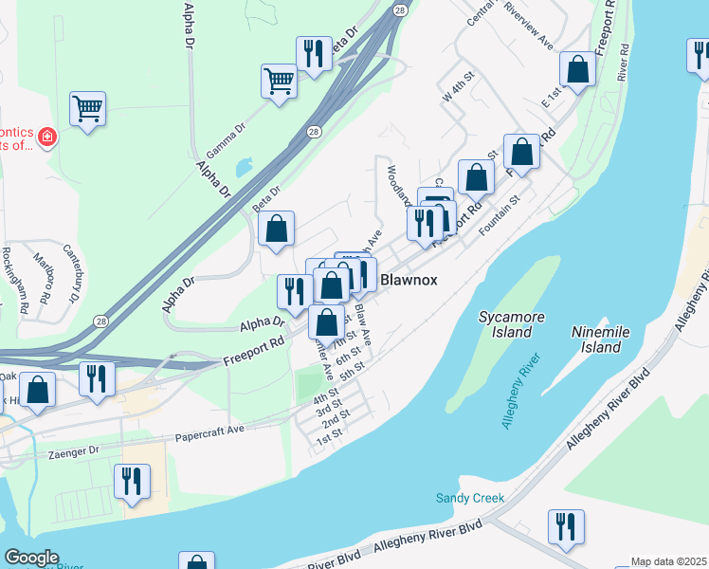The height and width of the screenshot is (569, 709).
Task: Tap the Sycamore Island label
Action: point(505,325)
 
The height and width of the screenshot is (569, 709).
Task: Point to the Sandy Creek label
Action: point(469,498)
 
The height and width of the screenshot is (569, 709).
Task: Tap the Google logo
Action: point(31,558)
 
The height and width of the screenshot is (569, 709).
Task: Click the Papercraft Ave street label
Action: point(209,435)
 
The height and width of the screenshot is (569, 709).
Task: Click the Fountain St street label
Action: point(501,213)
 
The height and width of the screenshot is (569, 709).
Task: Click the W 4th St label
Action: point(457,86)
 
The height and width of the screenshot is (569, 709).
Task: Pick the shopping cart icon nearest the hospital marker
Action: point(87,109)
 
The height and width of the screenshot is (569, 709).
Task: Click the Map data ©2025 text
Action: point(669,561)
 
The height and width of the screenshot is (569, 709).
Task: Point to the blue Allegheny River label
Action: point(520,397)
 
